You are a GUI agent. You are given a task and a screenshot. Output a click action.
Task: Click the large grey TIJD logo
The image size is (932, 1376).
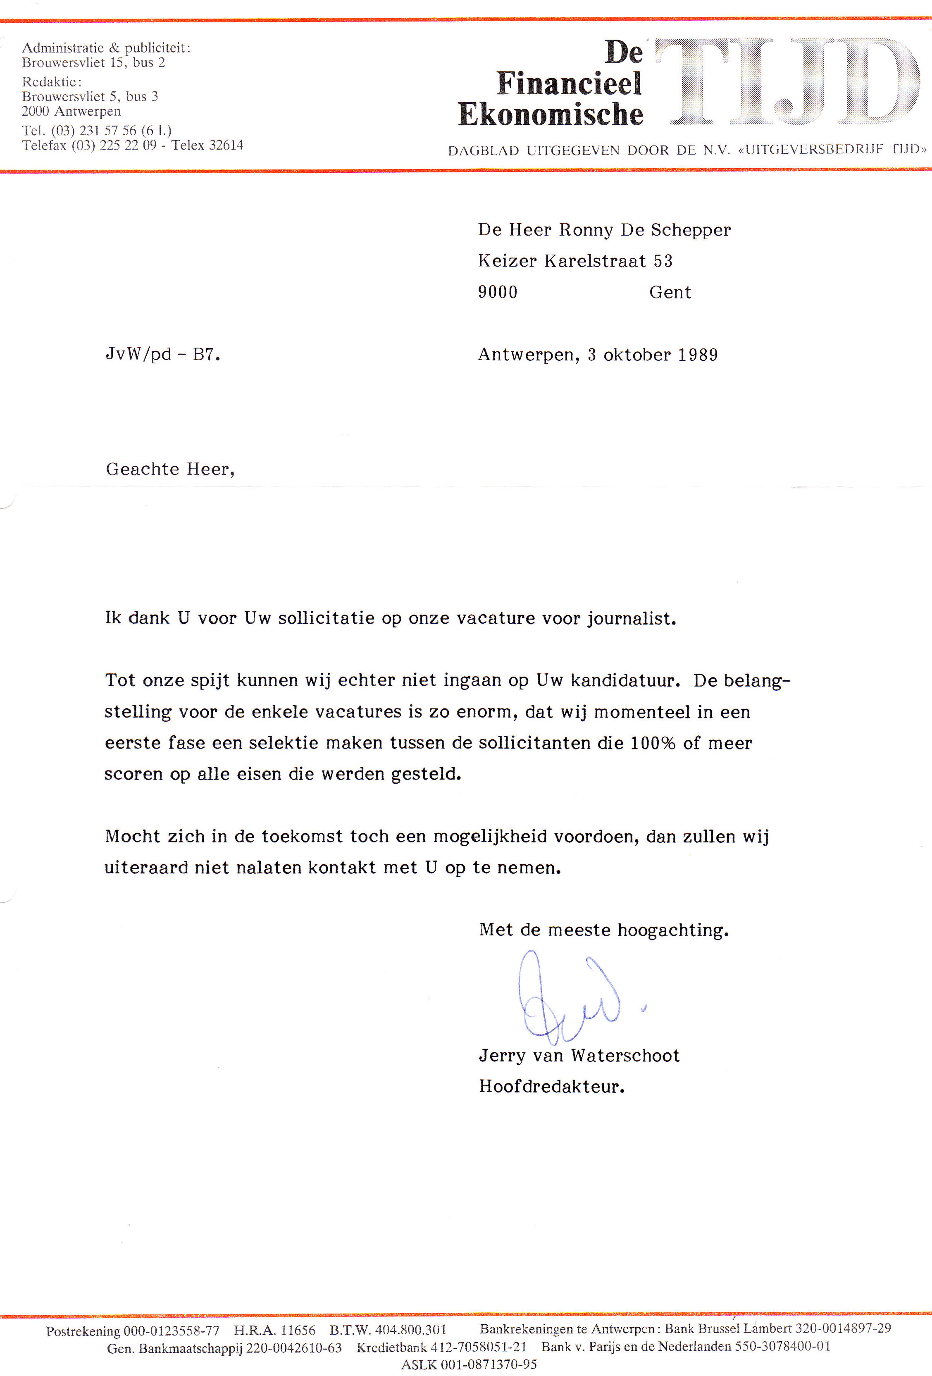coord(787,82)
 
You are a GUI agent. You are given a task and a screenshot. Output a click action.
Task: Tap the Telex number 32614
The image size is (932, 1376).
coord(225,145)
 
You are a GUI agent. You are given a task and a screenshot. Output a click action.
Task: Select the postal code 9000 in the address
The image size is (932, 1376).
coord(497,292)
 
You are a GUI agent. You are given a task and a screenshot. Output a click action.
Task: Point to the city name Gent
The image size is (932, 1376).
coord(670,292)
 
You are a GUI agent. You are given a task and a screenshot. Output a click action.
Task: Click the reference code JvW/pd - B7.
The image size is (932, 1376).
coord(163,355)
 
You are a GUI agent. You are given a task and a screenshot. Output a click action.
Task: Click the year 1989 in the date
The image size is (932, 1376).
coord(698,355)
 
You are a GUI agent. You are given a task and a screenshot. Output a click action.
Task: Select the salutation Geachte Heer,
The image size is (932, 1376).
coord(170,469)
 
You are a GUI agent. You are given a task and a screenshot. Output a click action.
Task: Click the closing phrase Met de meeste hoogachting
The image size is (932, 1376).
coord(603,930)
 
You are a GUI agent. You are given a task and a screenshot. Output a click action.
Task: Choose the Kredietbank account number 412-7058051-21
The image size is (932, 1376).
coord(479,1347)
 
